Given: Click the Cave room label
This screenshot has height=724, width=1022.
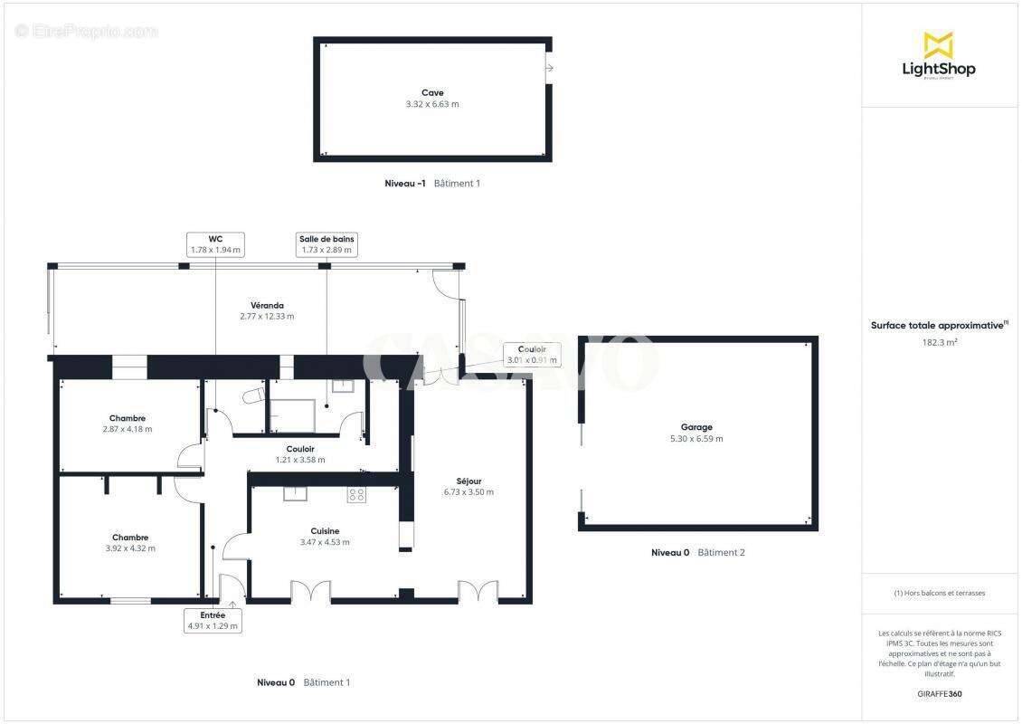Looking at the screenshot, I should (432, 92).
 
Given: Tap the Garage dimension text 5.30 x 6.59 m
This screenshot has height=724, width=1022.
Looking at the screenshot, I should (696, 439).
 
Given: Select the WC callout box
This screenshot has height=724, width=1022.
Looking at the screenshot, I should (215, 244).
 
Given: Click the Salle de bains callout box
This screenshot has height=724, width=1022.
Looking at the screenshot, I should (326, 244).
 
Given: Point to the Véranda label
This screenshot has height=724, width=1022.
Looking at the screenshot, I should (267, 305).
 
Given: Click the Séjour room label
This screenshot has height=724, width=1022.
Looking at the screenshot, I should (468, 481).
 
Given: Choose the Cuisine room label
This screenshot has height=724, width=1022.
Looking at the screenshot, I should (325, 531).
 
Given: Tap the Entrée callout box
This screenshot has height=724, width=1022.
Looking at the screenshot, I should (213, 620).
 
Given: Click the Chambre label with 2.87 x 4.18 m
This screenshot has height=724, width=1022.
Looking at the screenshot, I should (128, 418).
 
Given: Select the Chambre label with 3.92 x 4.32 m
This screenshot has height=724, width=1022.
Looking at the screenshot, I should (130, 537).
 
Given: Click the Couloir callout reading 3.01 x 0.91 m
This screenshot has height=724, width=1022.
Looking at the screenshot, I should (531, 355).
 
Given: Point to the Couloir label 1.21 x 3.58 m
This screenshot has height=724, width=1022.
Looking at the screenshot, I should (300, 449).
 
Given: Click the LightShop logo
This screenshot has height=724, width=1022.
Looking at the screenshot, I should (939, 56).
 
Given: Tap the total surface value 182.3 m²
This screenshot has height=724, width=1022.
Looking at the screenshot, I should (939, 343).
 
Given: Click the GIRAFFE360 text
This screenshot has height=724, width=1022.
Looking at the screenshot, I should (939, 694).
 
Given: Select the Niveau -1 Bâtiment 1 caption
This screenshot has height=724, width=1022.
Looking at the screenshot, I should (432, 184).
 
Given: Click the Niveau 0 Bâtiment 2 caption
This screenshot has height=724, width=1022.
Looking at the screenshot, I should (697, 552).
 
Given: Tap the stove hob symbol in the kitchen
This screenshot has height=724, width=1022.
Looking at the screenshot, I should (356, 494).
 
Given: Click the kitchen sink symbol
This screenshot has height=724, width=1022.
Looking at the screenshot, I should (296, 493).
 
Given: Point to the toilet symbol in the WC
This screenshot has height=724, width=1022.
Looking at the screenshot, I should (252, 396).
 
